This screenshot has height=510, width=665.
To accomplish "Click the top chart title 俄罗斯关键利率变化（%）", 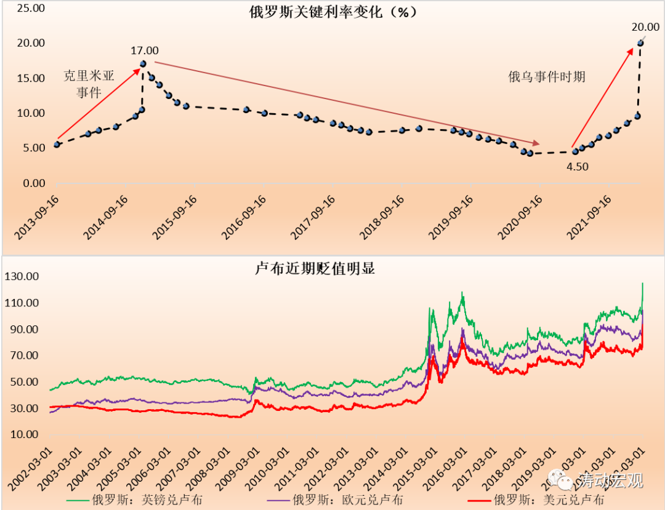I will tap(332, 12).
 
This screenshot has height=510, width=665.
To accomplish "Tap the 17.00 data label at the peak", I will tap(144, 50).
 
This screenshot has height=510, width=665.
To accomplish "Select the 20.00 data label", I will tap(645, 26).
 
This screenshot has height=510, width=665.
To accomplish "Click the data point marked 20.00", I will tap(640, 43).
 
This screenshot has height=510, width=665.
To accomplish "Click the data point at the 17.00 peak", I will tap(143, 63).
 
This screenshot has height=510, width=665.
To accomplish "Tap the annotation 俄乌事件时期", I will tap(546, 77).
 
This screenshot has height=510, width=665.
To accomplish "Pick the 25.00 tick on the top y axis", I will tap(30, 9).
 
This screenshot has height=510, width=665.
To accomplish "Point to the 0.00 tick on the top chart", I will tap(32, 183).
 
